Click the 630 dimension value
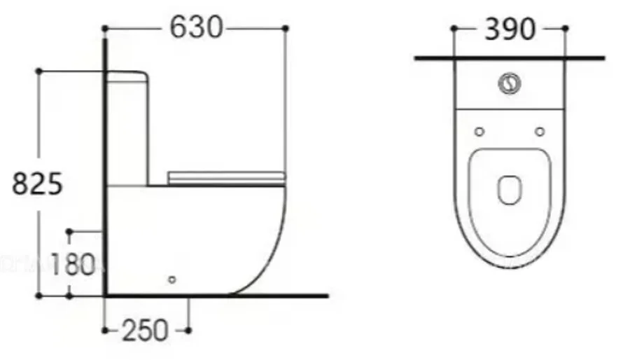(x=195, y=28)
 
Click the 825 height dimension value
(x=39, y=184)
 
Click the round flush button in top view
(x=510, y=84)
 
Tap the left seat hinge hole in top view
(x=479, y=132)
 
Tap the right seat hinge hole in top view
(x=540, y=132)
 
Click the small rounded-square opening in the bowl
(x=510, y=189)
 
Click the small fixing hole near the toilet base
(x=172, y=280)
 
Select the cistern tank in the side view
(x=127, y=126)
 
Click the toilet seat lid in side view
(x=226, y=176)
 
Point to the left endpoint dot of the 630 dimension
(x=104, y=28)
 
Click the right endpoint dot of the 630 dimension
(x=285, y=28)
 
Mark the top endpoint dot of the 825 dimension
(x=39, y=71)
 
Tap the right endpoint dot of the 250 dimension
(x=188, y=330)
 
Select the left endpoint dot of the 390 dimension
(x=454, y=29)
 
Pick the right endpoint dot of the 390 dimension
(x=565, y=29)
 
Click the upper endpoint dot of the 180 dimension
(x=69, y=230)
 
